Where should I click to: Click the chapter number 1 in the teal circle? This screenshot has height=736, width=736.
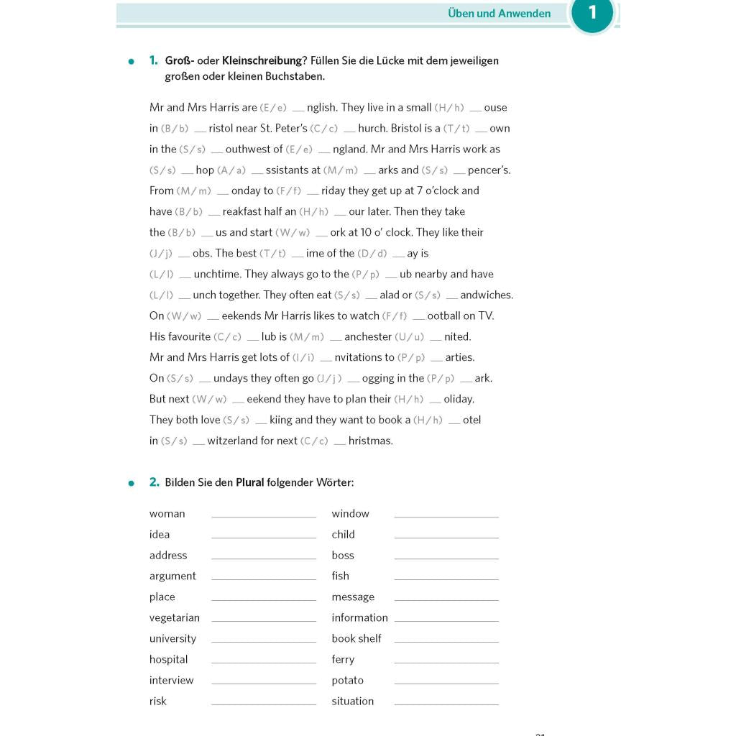click(592, 13)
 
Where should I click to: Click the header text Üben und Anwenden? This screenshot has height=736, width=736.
click(499, 14)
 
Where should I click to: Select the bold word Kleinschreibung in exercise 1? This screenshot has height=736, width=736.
click(262, 60)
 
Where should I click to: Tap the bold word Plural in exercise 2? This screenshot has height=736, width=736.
click(249, 482)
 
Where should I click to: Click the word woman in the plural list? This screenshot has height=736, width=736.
click(167, 513)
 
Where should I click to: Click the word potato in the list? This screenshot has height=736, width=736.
click(347, 680)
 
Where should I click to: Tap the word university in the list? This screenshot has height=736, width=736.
click(172, 638)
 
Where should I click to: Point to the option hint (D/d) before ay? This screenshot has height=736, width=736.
click(372, 253)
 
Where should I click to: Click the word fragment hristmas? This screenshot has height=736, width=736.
click(370, 441)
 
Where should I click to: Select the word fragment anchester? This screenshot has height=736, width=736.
click(372, 336)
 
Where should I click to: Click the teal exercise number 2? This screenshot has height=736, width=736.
click(154, 482)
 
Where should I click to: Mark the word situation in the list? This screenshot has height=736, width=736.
click(352, 701)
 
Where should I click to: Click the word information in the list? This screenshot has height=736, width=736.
click(359, 617)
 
